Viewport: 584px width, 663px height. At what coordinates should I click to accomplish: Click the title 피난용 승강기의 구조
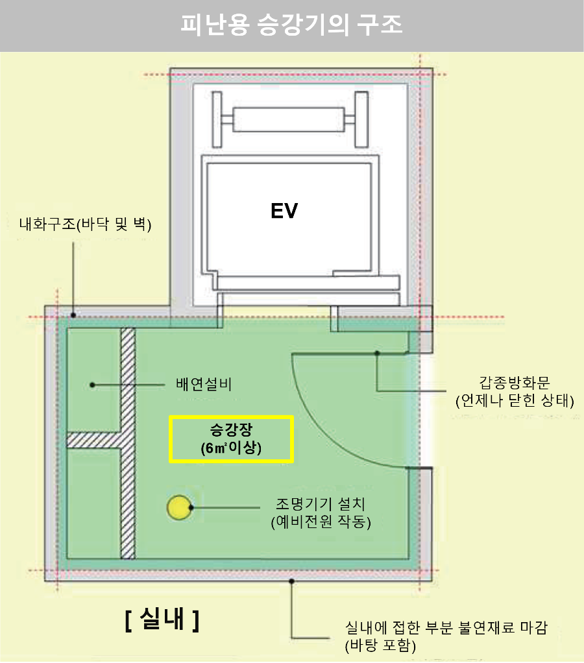click(291, 25)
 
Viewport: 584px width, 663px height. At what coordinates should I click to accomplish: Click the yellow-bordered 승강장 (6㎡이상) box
click(232, 439)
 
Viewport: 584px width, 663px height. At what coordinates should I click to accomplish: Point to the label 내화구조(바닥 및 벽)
click(85, 226)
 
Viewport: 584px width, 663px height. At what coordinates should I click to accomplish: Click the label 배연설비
click(204, 384)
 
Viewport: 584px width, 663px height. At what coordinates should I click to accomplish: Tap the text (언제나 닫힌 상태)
click(515, 400)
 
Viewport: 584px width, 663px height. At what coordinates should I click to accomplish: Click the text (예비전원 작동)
click(321, 522)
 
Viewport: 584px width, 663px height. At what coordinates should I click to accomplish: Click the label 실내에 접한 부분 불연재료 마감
click(446, 627)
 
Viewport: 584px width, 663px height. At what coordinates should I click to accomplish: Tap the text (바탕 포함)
click(380, 646)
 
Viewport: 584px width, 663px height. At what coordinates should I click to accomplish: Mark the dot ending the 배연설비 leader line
click(93, 385)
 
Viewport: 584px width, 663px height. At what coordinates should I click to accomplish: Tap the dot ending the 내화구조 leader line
click(74, 316)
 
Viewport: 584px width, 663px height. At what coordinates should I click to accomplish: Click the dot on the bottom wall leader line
click(293, 581)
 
